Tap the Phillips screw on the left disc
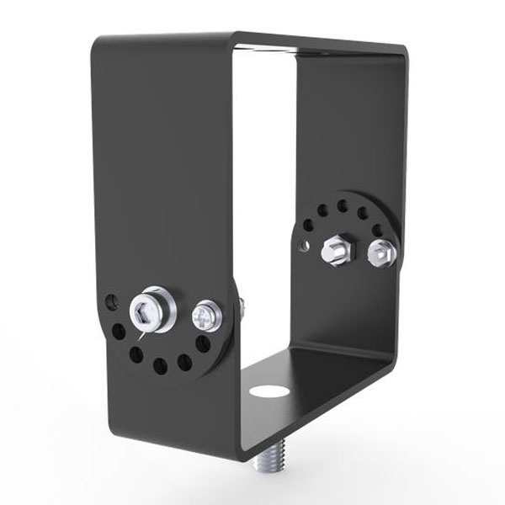(205, 316)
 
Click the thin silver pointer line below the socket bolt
(143, 334)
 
